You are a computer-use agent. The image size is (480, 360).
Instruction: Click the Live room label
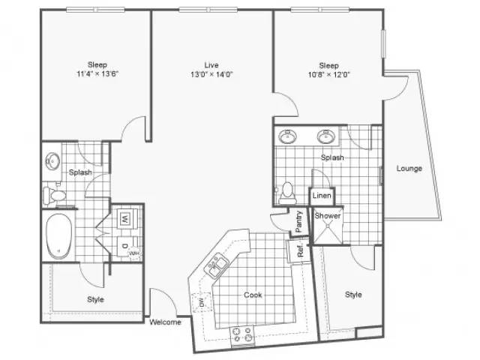click(211, 65)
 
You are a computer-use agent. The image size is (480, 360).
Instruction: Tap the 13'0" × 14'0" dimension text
click(211, 74)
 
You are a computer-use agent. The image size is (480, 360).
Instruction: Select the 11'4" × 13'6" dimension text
click(97, 73)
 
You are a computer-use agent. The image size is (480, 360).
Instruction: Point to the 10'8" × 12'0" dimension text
click(328, 75)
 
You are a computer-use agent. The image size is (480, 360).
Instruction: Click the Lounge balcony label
click(409, 168)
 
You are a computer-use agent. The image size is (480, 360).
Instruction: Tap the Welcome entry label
click(165, 322)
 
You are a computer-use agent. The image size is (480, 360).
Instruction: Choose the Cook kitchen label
click(253, 295)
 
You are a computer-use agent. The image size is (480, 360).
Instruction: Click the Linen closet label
click(322, 195)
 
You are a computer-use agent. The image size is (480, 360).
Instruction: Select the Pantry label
click(298, 221)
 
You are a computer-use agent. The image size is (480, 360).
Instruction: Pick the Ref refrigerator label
click(300, 250)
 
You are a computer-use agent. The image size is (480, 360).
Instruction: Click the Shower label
click(328, 216)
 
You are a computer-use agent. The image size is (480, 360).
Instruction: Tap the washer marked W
click(126, 218)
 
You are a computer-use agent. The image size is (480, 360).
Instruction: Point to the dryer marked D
click(125, 246)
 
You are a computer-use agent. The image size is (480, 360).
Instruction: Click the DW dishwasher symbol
click(201, 302)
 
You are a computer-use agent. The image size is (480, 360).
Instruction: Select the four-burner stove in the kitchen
click(241, 334)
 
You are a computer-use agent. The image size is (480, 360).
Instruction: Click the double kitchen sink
click(217, 265)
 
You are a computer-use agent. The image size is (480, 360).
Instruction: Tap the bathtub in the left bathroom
click(58, 236)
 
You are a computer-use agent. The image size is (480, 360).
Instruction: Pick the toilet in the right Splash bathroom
click(287, 193)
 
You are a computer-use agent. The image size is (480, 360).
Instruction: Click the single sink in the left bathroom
click(52, 161)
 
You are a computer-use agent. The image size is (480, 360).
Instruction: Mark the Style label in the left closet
click(95, 299)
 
